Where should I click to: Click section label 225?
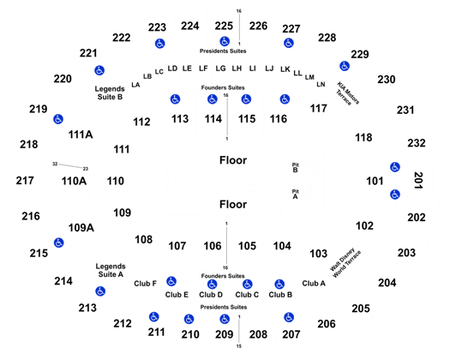(224, 26)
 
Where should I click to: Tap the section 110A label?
(74, 181)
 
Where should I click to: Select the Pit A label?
(296, 195)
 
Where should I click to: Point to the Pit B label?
(296, 168)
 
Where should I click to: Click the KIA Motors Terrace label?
(347, 93)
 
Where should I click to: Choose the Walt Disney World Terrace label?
(345, 263)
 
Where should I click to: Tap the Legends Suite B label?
(110, 93)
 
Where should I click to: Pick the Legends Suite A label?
(111, 270)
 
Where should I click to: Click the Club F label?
(145, 284)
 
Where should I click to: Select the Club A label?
(314, 284)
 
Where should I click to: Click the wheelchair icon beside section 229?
(345, 66)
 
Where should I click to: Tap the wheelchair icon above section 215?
(59, 243)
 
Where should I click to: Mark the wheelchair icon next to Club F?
(171, 281)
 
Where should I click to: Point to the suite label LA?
(135, 85)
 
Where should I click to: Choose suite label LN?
(321, 84)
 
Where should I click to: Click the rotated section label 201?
(418, 180)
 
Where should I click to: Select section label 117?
(319, 109)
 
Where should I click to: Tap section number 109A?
(81, 228)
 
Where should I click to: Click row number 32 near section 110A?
(55, 164)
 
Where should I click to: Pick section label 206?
(327, 324)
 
